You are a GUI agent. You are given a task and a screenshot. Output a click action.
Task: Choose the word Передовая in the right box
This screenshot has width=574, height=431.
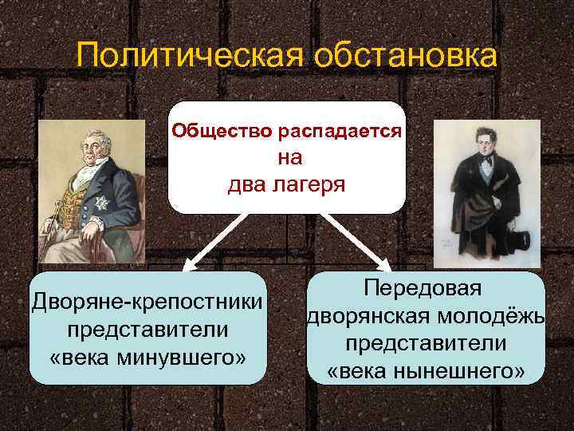426,289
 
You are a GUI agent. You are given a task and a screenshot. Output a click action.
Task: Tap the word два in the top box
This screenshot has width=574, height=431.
245,186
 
